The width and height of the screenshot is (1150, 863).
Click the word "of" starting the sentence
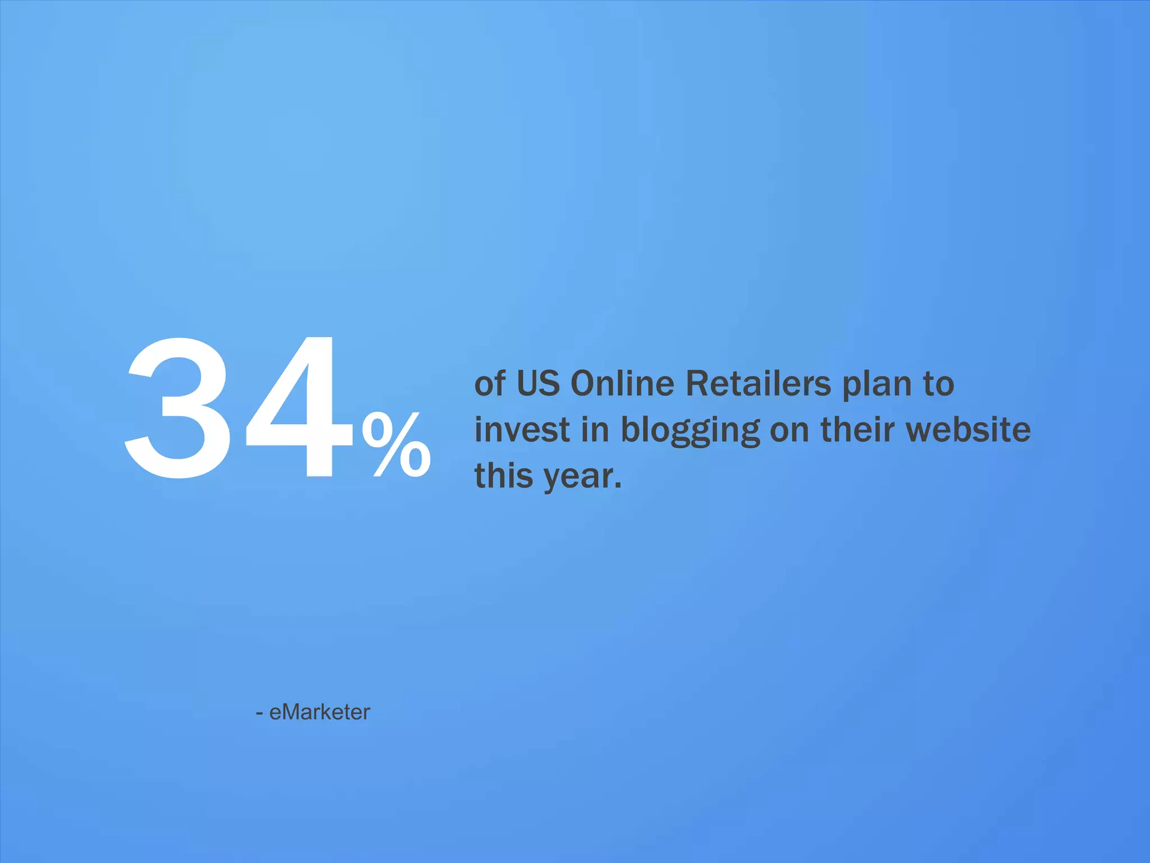coord(490,384)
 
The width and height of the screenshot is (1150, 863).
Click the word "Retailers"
coord(758,384)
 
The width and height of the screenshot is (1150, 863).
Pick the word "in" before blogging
coord(595,430)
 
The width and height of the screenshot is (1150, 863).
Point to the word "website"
coord(969,430)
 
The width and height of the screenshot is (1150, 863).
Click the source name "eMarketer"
coord(320,712)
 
